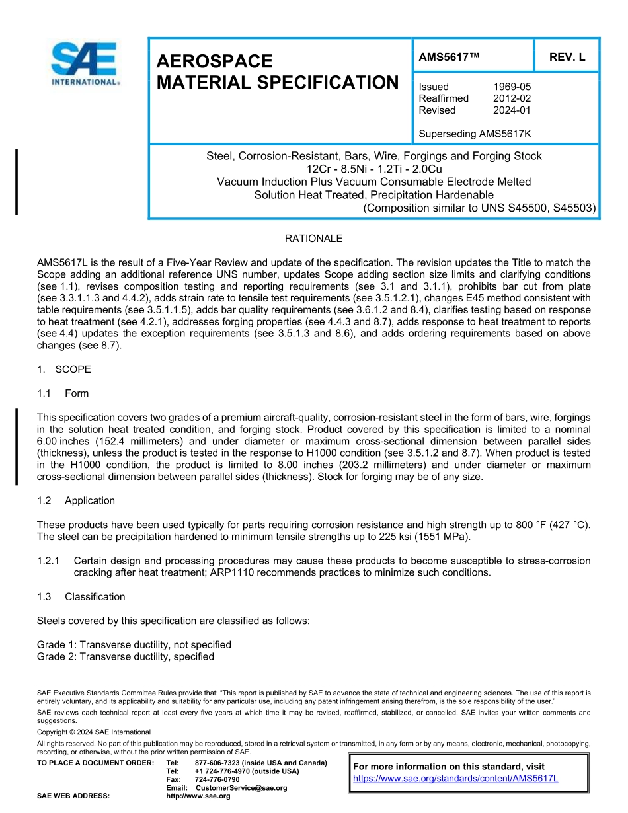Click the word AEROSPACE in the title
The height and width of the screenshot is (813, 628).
click(x=214, y=61)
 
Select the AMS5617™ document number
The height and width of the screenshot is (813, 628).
click(x=449, y=57)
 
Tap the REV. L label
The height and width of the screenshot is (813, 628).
click(x=567, y=57)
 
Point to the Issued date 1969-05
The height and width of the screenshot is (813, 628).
click(x=512, y=87)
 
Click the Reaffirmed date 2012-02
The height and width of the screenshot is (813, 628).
click(x=512, y=98)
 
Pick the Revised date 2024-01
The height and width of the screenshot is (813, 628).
click(x=512, y=110)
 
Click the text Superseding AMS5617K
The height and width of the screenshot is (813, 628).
click(x=475, y=134)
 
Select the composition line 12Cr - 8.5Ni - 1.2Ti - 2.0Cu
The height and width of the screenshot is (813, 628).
click(x=373, y=169)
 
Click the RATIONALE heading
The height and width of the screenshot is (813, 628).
click(x=313, y=239)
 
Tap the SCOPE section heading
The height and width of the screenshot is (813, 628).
click(x=73, y=369)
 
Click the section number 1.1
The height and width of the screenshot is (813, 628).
click(x=44, y=393)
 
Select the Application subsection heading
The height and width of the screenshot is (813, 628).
click(x=90, y=500)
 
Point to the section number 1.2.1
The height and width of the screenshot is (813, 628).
click(x=49, y=561)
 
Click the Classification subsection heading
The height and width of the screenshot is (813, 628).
click(x=95, y=596)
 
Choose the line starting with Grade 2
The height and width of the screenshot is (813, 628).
click(x=126, y=656)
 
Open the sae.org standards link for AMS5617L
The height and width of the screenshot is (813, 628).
click(x=455, y=778)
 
